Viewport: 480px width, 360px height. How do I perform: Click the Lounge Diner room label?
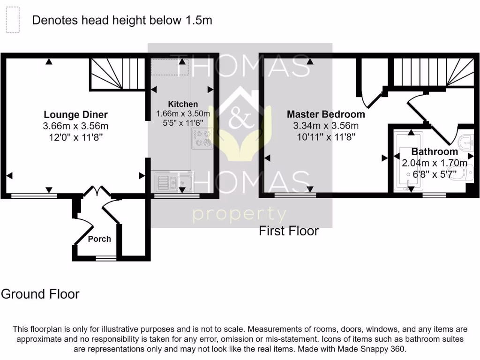(75, 114)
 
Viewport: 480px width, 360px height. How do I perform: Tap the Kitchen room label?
(183, 104)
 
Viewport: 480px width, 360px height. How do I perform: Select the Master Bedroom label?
(325, 114)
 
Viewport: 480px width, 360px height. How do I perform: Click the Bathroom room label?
(435, 152)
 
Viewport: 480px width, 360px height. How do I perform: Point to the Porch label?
(99, 239)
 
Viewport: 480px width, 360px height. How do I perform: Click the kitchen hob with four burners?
(202, 138)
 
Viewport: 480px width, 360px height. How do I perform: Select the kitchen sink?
(173, 182)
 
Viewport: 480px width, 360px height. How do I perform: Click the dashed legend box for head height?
(13, 20)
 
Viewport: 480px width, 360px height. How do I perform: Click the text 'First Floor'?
(289, 231)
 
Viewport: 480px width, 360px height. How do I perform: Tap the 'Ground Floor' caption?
(40, 294)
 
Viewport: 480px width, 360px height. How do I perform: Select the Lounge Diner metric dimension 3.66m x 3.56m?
(75, 126)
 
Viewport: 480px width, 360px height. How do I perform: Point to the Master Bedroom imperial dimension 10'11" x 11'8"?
(325, 137)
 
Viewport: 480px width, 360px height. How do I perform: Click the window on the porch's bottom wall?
(106, 258)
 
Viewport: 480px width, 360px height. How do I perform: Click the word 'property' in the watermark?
(240, 215)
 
